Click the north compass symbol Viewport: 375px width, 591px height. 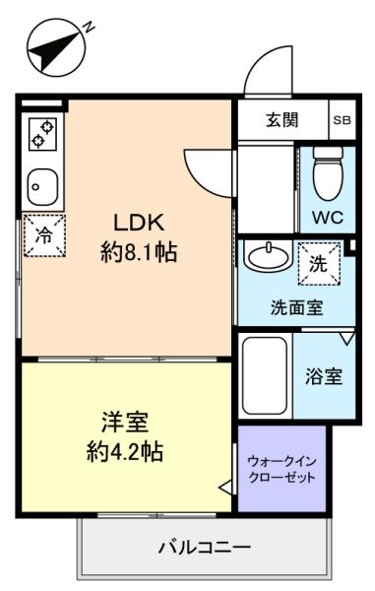click(57, 47)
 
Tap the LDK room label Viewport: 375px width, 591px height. click(139, 223)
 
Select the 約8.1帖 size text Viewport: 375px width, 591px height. click(139, 252)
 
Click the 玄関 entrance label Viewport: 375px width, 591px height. click(282, 120)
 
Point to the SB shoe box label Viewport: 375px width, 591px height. click(343, 120)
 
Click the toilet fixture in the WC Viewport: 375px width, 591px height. click(329, 173)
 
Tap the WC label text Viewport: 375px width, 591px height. click(327, 217)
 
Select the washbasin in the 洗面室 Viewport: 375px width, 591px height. click(268, 256)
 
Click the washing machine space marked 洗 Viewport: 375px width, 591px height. click(319, 264)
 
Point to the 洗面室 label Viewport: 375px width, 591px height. click(297, 307)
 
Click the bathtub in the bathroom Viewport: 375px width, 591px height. click(265, 375)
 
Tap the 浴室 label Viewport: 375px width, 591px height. click(324, 376)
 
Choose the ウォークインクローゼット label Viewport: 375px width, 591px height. click(281, 469)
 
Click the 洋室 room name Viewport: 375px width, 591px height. click(125, 422)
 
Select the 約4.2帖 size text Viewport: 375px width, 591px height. click(125, 451)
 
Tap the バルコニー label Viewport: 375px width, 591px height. click(205, 546)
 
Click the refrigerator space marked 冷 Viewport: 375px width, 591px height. click(44, 235)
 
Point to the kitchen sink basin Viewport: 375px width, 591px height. click(42, 186)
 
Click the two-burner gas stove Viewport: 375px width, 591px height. click(42, 134)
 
